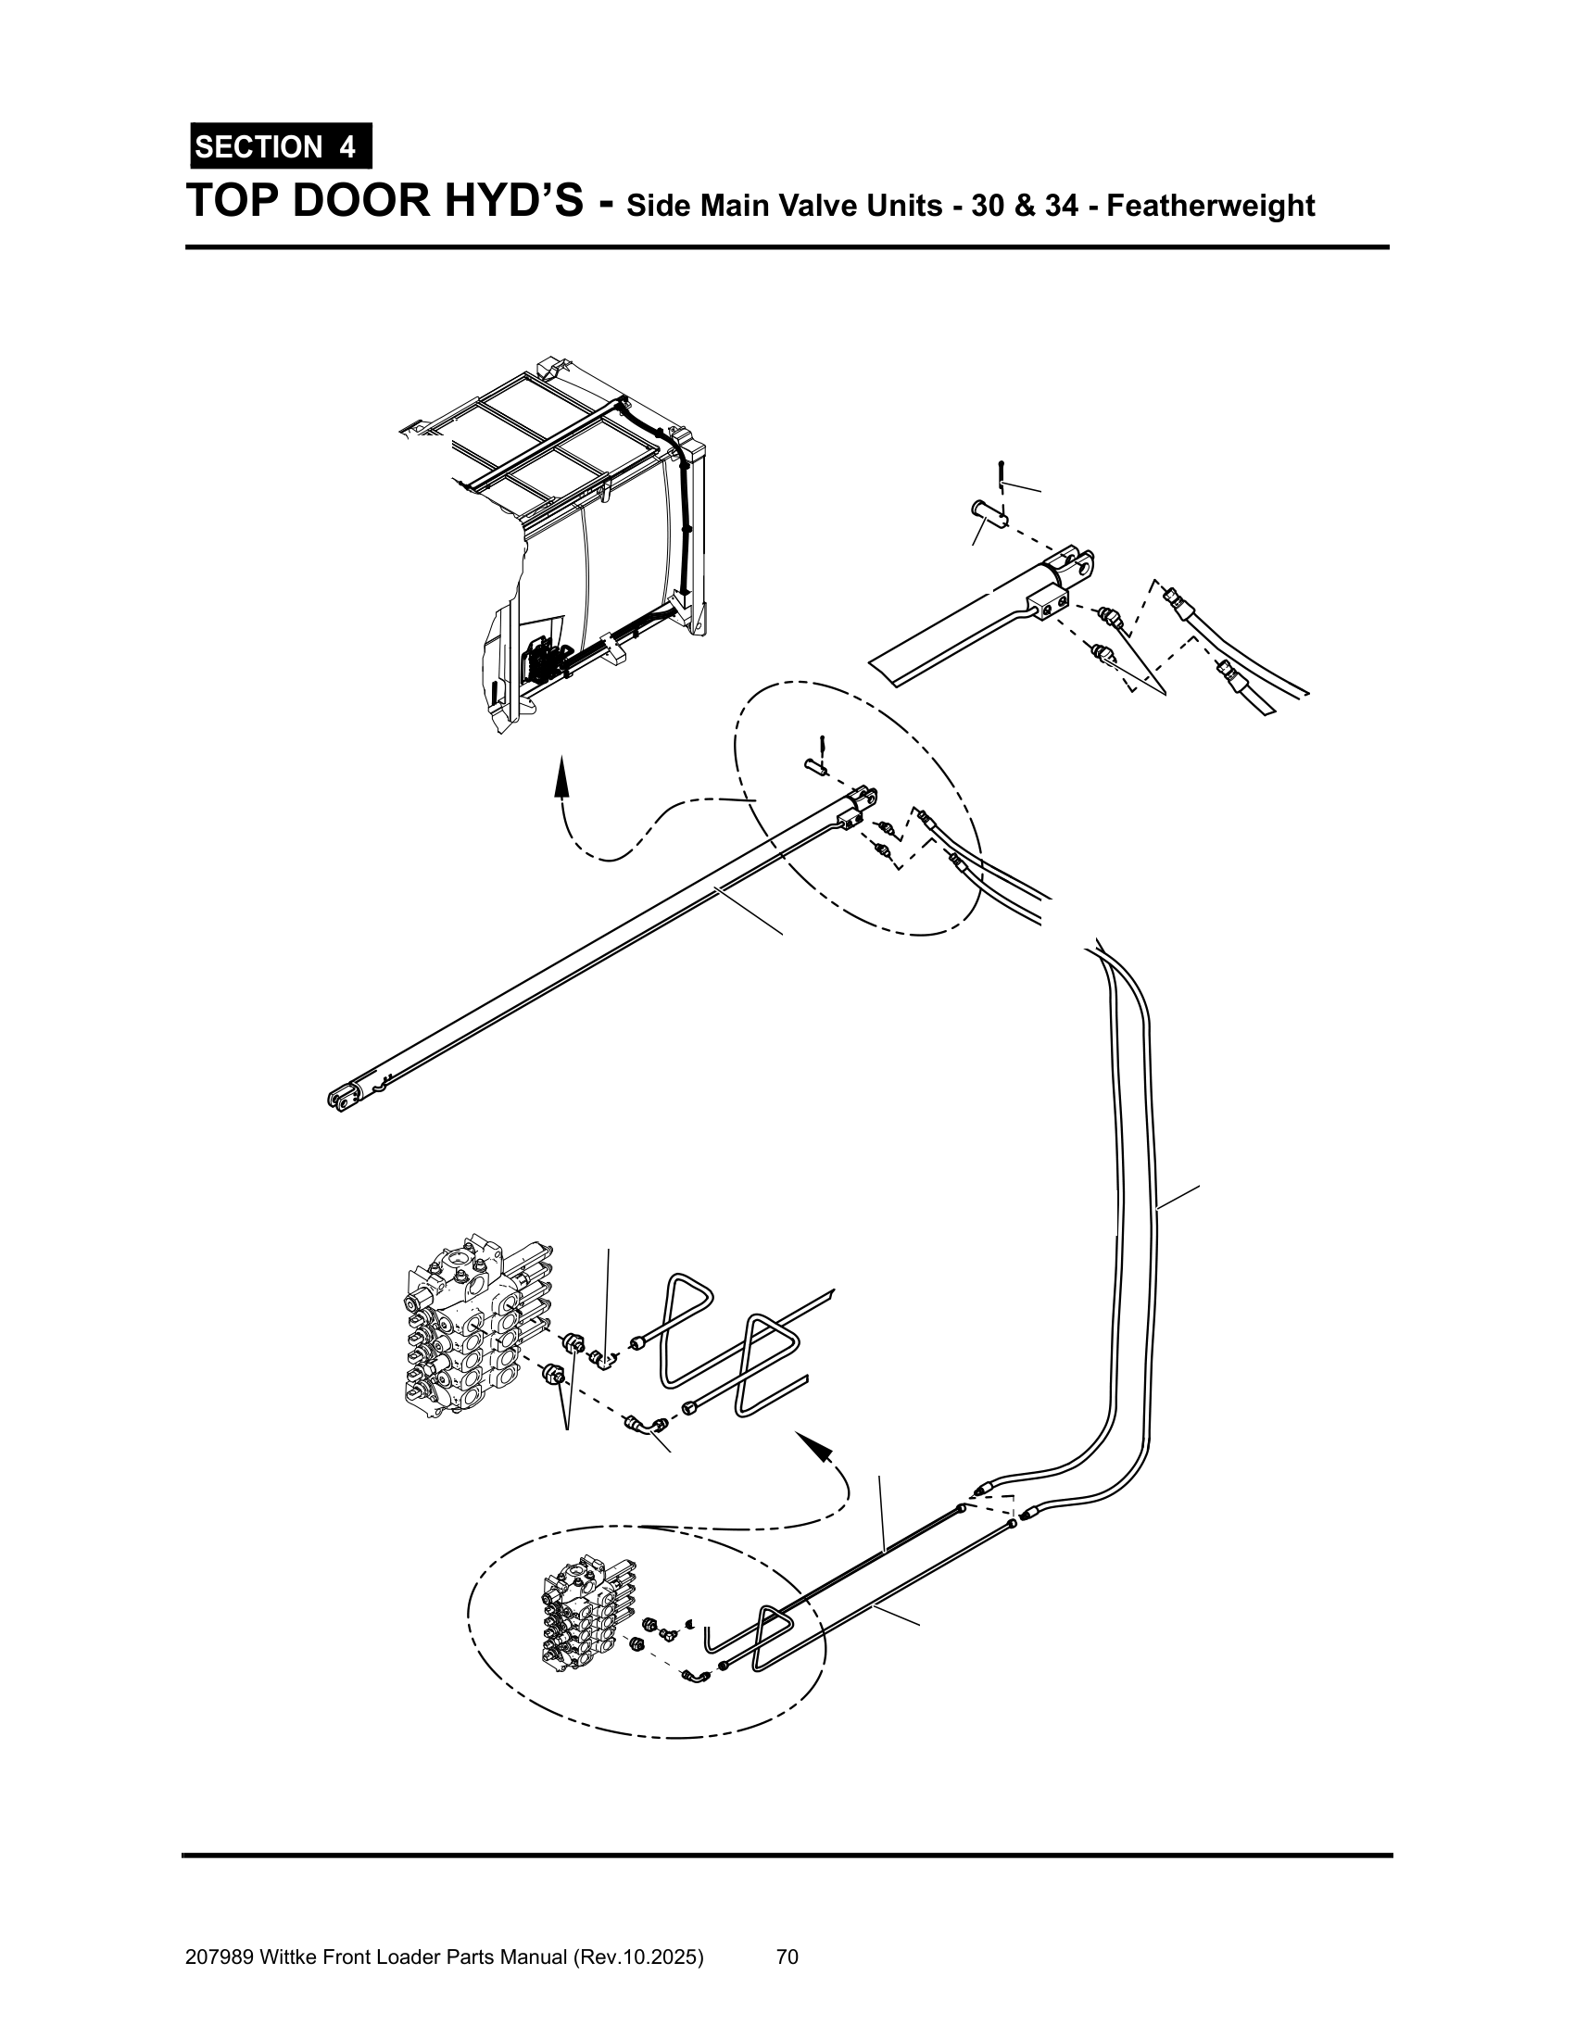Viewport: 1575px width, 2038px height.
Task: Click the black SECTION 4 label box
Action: [281, 146]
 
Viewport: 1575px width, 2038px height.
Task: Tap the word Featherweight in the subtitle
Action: [1210, 206]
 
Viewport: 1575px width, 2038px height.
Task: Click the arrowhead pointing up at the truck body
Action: [561, 776]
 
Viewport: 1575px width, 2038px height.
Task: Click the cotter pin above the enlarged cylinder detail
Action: [1001, 475]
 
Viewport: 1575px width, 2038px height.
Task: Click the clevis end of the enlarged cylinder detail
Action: [1073, 565]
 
